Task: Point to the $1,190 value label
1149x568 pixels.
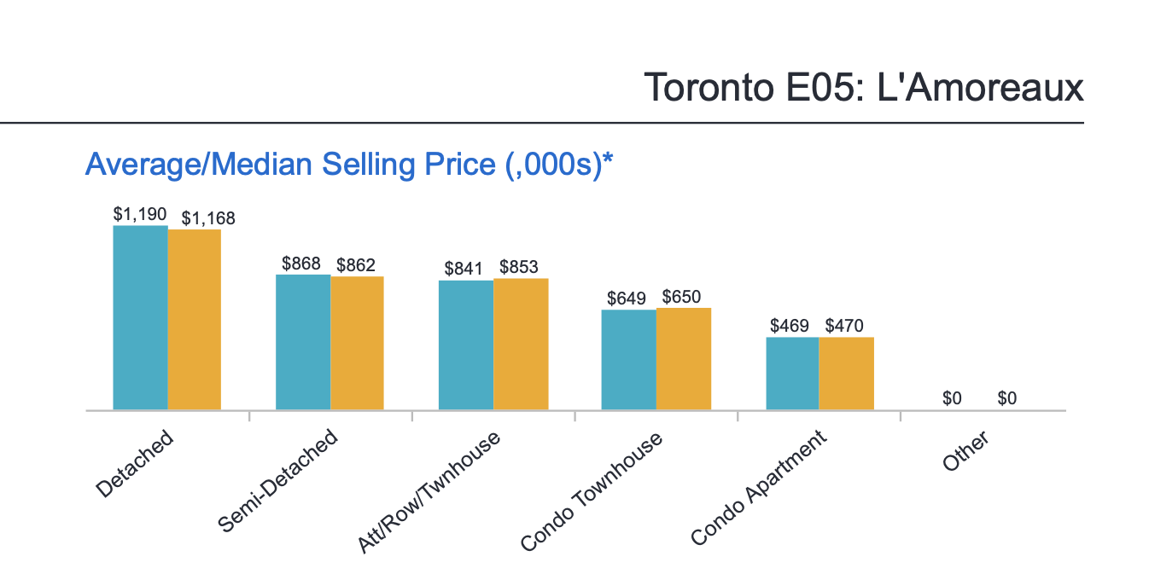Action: (x=140, y=214)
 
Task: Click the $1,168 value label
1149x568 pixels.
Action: (x=208, y=218)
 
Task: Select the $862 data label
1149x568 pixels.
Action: (x=356, y=265)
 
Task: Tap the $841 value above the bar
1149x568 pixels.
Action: (x=464, y=269)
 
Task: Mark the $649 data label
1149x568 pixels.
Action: (x=627, y=298)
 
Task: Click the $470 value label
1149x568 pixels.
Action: (x=844, y=326)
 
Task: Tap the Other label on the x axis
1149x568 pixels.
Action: (x=965, y=450)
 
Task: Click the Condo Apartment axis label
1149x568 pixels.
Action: (x=759, y=488)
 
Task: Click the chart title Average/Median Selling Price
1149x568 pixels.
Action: (x=350, y=164)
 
